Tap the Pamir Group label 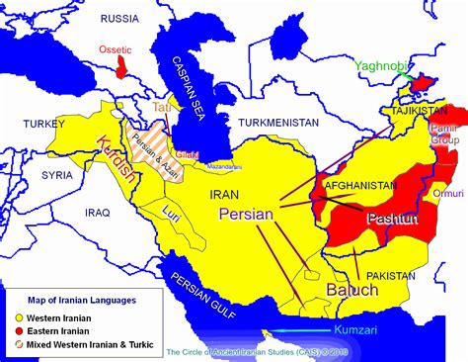[444, 135]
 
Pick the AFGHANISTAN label [353, 168]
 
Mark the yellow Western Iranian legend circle [18, 316]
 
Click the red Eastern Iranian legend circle [18, 330]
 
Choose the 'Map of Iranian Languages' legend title [65, 299]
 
